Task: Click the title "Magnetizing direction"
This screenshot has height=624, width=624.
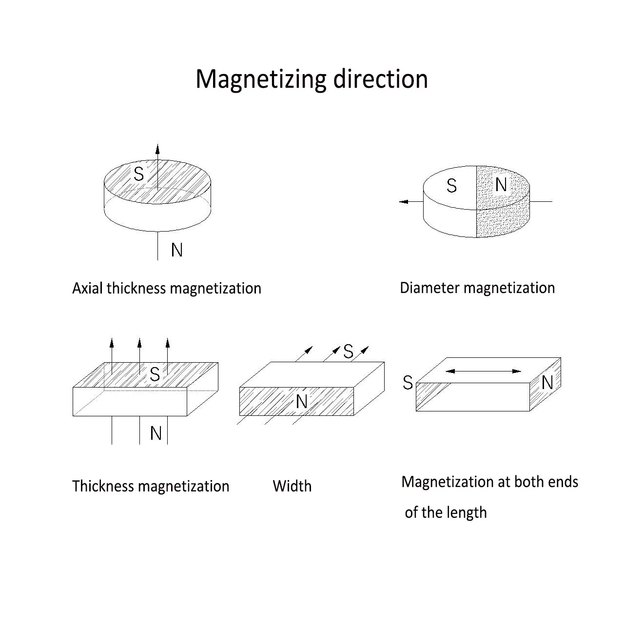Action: point(312,79)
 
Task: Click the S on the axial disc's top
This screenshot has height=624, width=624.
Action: point(138,174)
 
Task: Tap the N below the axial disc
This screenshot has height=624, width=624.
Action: point(177,250)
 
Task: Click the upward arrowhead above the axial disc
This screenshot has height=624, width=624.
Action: point(157,149)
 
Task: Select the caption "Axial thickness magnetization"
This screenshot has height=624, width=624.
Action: point(166,288)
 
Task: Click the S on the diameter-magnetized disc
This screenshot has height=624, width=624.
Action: point(451,186)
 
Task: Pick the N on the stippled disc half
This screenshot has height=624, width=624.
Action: point(501,185)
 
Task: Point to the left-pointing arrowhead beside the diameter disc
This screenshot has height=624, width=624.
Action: point(404,202)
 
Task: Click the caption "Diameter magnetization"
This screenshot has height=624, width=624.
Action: point(477,288)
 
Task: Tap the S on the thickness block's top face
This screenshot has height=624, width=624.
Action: point(155,374)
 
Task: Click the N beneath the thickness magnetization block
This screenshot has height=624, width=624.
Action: point(156,433)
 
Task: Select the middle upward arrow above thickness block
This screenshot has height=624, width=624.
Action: point(139,356)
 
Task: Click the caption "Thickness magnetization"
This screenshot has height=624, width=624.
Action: point(151,486)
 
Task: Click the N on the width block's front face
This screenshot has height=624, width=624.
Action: point(301,402)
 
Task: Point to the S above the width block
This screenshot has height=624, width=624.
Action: point(348,351)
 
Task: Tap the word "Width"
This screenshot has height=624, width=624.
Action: point(292,486)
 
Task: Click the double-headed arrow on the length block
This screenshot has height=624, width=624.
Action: point(483,371)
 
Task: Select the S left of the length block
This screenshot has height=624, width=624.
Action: point(408,382)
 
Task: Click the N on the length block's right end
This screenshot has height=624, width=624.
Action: point(547,383)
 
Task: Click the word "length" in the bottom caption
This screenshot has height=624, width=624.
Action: point(467,513)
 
